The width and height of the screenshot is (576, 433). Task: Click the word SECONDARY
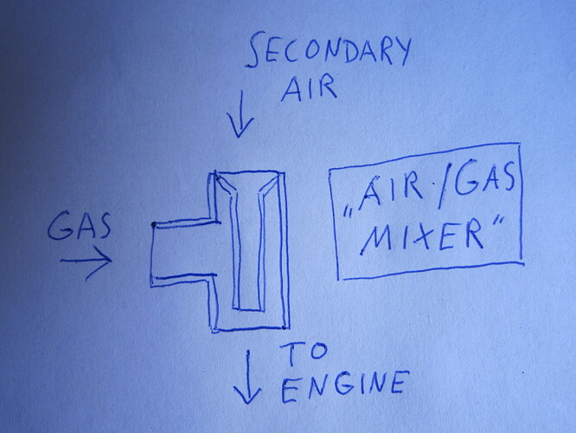328,50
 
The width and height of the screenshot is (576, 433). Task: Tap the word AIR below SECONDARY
309,87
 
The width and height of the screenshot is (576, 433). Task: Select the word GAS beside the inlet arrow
80,225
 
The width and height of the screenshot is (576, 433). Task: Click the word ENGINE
344,386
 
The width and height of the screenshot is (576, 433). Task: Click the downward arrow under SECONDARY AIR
240,114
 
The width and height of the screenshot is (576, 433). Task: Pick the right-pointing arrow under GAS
86,262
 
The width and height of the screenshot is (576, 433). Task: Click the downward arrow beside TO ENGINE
247,377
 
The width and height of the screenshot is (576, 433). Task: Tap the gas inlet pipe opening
152,254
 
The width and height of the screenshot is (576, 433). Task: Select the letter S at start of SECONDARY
255,50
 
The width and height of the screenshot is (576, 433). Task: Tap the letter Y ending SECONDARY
404,51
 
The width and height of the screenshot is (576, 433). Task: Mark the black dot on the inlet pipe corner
154,224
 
